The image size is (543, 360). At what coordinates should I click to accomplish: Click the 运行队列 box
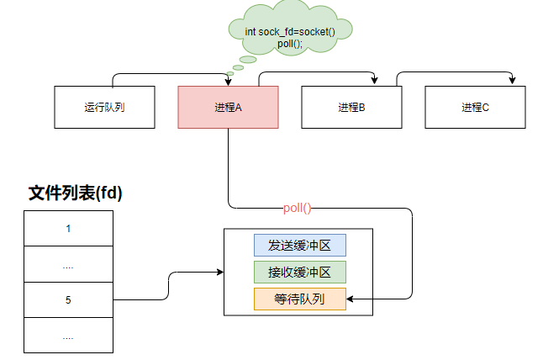[x=104, y=107]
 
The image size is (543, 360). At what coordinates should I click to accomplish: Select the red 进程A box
[x=228, y=107]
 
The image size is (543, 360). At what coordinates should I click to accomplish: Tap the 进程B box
[x=351, y=107]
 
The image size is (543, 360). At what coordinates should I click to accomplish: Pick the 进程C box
[x=475, y=107]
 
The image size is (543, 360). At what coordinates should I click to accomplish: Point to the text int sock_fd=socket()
[x=288, y=31]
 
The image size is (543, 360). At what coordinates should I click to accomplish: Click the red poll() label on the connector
[x=297, y=208]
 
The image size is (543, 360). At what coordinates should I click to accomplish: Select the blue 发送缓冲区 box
[x=299, y=245]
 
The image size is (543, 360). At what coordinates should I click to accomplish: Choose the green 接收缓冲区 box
[x=299, y=272]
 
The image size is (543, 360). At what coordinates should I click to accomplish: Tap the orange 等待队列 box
[x=299, y=299]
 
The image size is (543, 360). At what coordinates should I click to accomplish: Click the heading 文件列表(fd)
[x=76, y=193]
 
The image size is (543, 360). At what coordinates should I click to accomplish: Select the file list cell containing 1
[x=68, y=228]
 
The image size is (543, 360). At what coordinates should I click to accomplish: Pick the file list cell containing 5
[x=68, y=299]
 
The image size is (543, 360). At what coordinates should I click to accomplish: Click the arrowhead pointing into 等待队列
[x=351, y=299]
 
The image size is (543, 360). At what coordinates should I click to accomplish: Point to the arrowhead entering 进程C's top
[x=512, y=82]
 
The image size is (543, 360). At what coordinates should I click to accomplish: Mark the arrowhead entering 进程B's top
[x=373, y=82]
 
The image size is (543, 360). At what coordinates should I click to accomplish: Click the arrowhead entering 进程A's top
[x=229, y=82]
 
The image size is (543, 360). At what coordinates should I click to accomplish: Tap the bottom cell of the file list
[x=68, y=335]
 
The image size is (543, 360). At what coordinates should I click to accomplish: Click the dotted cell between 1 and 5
[x=68, y=263]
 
